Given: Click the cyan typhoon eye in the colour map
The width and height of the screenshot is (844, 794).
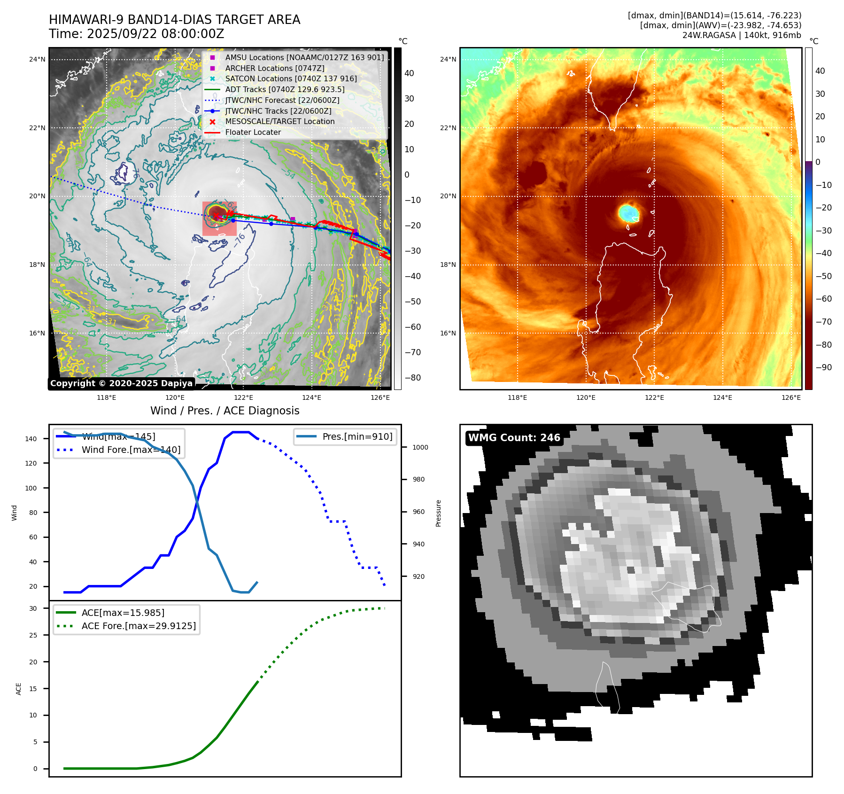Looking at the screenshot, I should click(628, 213).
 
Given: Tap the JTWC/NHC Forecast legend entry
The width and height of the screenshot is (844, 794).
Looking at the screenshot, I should click(282, 100).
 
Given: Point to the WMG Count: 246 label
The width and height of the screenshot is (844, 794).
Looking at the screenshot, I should click(514, 438).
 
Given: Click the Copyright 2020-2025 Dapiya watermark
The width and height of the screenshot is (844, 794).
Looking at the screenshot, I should click(121, 383).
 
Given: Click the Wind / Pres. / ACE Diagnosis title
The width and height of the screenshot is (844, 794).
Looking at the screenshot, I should click(225, 411).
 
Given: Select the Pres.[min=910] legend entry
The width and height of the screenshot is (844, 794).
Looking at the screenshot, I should click(357, 436).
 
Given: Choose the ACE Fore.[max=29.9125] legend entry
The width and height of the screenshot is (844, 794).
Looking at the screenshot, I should click(139, 626).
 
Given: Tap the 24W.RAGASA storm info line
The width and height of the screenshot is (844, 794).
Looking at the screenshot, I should click(742, 35).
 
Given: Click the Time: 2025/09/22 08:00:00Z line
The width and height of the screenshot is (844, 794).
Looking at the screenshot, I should click(136, 34).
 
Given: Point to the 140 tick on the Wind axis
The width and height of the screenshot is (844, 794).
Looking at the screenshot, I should click(31, 439).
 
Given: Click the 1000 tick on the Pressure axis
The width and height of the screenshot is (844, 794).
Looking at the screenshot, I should click(420, 447).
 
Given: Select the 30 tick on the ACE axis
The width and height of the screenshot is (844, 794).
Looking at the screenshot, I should click(33, 608).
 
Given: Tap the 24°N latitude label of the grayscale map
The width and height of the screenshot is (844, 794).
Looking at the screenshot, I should click(37, 60).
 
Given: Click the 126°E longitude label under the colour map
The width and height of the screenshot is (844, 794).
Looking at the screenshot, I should click(791, 398).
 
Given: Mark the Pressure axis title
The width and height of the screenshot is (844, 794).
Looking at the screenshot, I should click(438, 513).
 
